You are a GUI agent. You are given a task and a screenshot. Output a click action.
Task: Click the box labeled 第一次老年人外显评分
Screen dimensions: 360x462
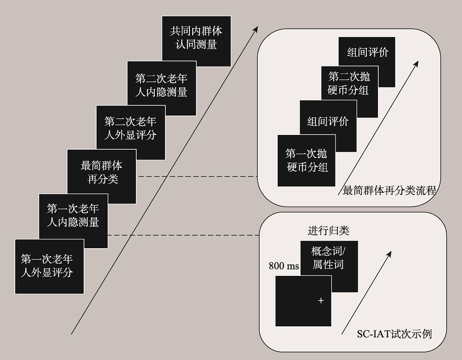[47, 265]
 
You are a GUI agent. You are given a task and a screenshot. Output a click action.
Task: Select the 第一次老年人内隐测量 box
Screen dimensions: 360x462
[73, 216]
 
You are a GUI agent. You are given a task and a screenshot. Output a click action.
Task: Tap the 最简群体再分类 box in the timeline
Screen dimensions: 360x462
[102, 172]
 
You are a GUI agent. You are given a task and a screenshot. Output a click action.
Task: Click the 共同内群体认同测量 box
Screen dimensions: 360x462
[196, 38]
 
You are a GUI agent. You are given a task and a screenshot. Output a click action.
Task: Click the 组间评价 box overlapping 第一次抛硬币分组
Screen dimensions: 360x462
[328, 121]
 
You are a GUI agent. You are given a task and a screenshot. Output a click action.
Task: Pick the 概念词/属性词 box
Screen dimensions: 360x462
[328, 258]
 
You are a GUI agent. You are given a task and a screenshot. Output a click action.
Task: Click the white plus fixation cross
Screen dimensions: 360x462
[321, 300]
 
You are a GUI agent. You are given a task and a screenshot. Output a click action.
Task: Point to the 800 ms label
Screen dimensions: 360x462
[284, 267]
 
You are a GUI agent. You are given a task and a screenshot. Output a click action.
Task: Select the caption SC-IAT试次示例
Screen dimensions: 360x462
[394, 334]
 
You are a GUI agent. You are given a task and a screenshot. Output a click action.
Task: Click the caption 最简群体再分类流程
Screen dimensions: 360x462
[389, 190]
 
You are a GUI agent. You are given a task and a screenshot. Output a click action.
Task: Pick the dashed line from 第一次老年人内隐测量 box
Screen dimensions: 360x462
[183, 235]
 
